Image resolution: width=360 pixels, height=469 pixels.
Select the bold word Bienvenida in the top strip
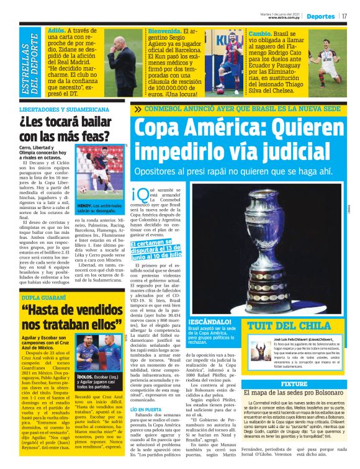pos(164,29)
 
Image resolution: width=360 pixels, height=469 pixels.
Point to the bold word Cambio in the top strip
pos(259,30)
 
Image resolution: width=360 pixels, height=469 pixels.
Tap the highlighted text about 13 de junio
pos(156,250)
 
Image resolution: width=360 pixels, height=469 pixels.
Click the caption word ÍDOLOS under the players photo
pos(84,359)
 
